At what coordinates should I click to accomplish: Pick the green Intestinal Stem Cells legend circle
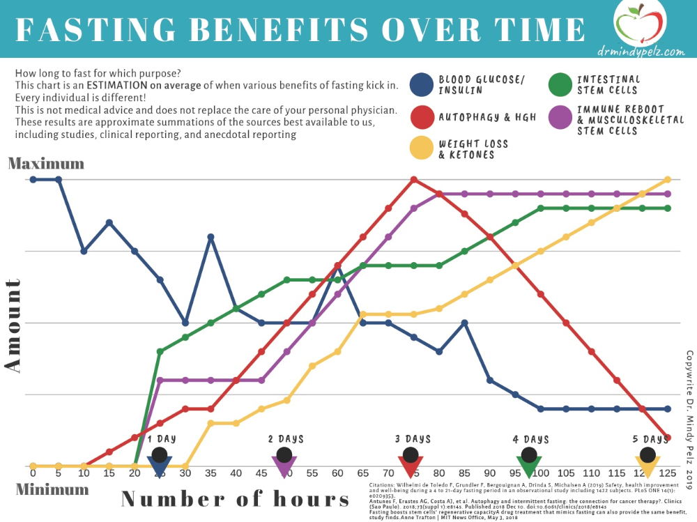[x=561, y=85]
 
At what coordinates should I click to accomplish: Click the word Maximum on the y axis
[x=46, y=164]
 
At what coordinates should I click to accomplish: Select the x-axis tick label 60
[x=337, y=473]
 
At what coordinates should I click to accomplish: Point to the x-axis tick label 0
[x=33, y=473]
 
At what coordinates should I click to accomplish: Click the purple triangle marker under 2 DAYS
[x=284, y=466]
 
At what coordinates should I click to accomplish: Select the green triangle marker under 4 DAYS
[x=529, y=466]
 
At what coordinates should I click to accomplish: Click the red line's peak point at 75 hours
[x=414, y=179]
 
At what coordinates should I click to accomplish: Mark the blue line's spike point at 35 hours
[x=210, y=237]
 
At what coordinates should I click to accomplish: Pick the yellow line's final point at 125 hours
[x=668, y=179]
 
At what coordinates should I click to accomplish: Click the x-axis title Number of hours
[x=236, y=499]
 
